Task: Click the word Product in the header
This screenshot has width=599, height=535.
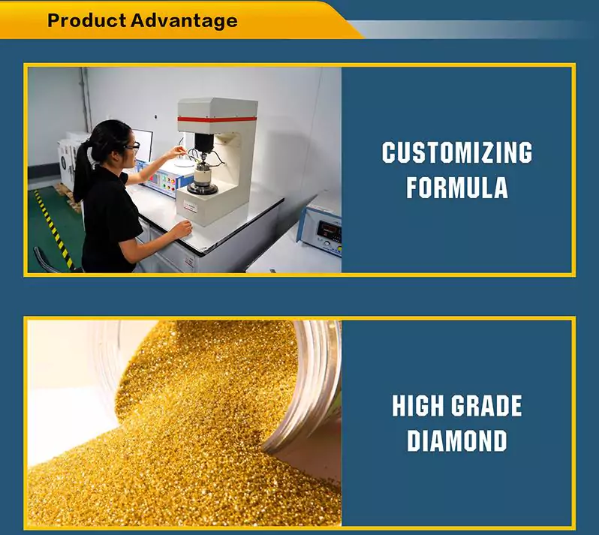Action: tap(87, 20)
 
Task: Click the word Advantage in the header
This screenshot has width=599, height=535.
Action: tap(184, 21)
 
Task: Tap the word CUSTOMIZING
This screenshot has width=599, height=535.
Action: tap(457, 152)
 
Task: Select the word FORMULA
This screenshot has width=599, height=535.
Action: tap(457, 187)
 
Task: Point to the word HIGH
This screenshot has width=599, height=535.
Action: tap(418, 405)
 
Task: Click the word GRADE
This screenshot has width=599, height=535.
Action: tap(486, 405)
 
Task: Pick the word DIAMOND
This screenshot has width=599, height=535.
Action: tap(457, 440)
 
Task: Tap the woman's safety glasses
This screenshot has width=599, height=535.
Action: tap(133, 146)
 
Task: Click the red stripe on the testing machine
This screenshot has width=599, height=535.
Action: tap(217, 119)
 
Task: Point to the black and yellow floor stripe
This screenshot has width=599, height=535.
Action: tap(53, 228)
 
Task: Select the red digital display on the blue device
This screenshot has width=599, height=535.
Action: tap(330, 230)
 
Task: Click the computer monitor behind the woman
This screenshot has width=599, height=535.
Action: tap(142, 145)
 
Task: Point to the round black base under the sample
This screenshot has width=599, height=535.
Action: tap(202, 188)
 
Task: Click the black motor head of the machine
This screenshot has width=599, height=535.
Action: tap(203, 143)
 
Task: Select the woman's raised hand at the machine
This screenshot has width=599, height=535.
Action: tap(177, 152)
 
